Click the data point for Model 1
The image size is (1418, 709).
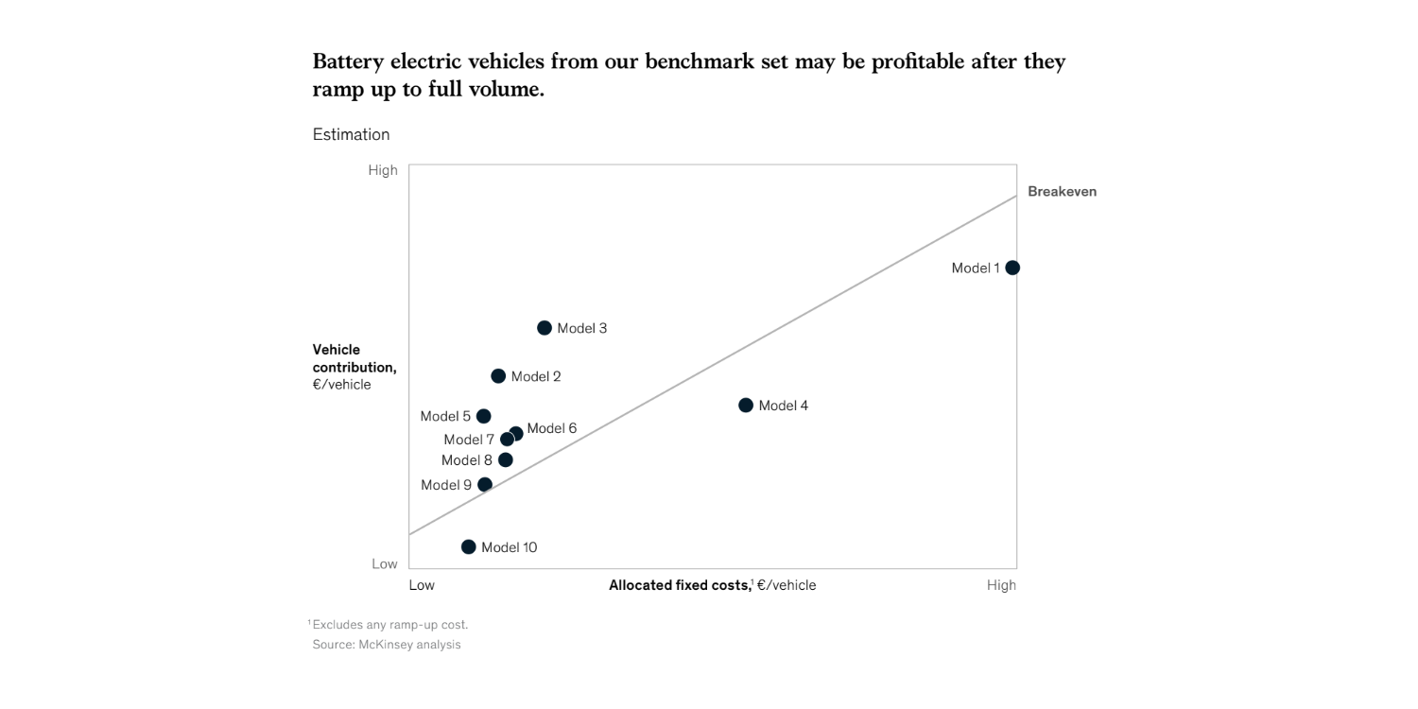tap(1012, 268)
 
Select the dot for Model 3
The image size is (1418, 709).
tap(545, 328)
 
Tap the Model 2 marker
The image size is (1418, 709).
tap(498, 376)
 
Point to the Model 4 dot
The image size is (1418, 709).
tap(746, 406)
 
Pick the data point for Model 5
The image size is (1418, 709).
tap(484, 416)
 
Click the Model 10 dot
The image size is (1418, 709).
tap(469, 547)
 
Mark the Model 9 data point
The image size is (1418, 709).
tap(485, 485)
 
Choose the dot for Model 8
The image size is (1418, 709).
tap(506, 460)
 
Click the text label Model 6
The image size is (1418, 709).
tap(552, 428)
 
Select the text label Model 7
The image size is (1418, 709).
tap(469, 440)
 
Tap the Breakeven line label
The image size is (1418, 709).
tap(1062, 191)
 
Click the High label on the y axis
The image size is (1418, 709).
tap(383, 170)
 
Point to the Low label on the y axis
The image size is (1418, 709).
tap(385, 563)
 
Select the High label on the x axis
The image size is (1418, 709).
tap(1001, 585)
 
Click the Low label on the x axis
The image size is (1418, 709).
tap(422, 585)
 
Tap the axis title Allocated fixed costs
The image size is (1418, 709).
tap(679, 585)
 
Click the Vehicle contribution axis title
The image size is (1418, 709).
tap(354, 358)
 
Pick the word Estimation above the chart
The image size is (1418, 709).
tap(351, 134)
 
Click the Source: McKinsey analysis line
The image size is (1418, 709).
tap(387, 645)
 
